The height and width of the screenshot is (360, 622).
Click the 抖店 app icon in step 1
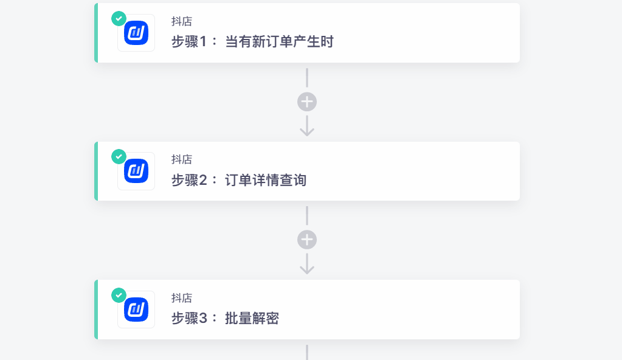136,33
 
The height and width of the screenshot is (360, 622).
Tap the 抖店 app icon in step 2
136,171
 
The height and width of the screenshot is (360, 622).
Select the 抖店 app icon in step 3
136,310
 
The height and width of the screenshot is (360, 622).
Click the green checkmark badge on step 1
119,19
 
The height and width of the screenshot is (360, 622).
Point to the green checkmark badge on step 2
119,157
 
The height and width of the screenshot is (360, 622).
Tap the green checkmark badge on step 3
119,296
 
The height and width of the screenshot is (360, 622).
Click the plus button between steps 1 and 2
307,102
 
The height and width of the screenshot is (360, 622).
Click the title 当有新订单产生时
279,42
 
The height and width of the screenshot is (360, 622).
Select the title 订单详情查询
266,180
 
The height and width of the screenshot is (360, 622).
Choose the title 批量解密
252,318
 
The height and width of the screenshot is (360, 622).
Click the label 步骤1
189,42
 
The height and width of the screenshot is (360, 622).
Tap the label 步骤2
189,180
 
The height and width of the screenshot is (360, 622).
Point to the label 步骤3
189,318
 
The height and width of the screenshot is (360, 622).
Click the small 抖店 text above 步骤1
182,21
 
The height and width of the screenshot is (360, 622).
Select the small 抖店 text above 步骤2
182,159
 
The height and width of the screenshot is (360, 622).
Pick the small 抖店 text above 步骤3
182,298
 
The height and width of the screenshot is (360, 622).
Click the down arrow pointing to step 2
307,126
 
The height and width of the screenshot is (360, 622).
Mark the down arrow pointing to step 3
307,265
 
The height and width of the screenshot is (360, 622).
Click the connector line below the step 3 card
307,353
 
